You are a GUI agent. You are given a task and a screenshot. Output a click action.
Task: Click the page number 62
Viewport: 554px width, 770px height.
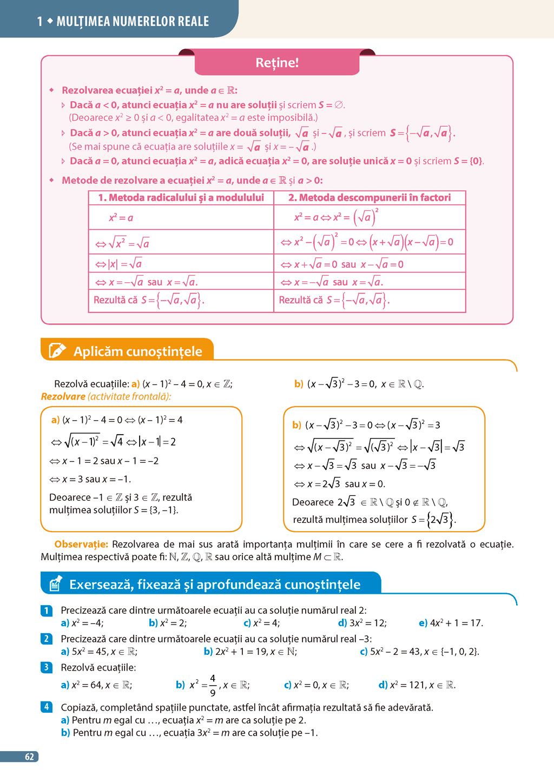(29, 756)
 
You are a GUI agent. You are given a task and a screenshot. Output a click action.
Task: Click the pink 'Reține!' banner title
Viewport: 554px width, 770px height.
(277, 63)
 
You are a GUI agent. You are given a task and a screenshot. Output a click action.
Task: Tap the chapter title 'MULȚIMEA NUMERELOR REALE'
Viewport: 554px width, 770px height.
(133, 22)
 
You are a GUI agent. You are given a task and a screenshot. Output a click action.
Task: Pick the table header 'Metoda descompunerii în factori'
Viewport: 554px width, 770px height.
(370, 198)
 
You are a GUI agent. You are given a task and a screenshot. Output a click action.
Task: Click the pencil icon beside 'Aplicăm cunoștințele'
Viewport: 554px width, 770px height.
(57, 351)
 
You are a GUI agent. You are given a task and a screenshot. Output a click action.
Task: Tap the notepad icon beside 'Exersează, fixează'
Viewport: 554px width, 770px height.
(55, 584)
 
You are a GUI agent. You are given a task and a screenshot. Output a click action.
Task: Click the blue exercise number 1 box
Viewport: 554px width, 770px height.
(47, 610)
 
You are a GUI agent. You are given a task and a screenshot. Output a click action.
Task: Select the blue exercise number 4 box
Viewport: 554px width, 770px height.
(47, 707)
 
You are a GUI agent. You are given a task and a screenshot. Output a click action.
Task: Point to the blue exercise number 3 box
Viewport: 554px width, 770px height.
(47, 667)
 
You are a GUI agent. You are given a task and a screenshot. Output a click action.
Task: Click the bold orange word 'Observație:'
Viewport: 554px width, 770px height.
(81, 545)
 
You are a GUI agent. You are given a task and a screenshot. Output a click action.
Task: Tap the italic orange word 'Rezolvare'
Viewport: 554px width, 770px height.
(63, 396)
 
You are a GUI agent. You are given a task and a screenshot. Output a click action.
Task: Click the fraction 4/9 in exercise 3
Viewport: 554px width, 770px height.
(213, 685)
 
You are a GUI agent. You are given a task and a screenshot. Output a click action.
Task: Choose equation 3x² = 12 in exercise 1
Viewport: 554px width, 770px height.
(368, 623)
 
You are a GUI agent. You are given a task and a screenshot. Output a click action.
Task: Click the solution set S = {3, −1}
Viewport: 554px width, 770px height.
(156, 510)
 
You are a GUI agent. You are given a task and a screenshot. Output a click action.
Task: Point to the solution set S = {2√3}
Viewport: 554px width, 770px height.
(433, 520)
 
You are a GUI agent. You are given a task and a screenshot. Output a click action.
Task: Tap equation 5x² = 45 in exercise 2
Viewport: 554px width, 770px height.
(89, 652)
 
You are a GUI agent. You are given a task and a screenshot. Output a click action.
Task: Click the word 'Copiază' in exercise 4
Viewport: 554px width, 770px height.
(79, 707)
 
